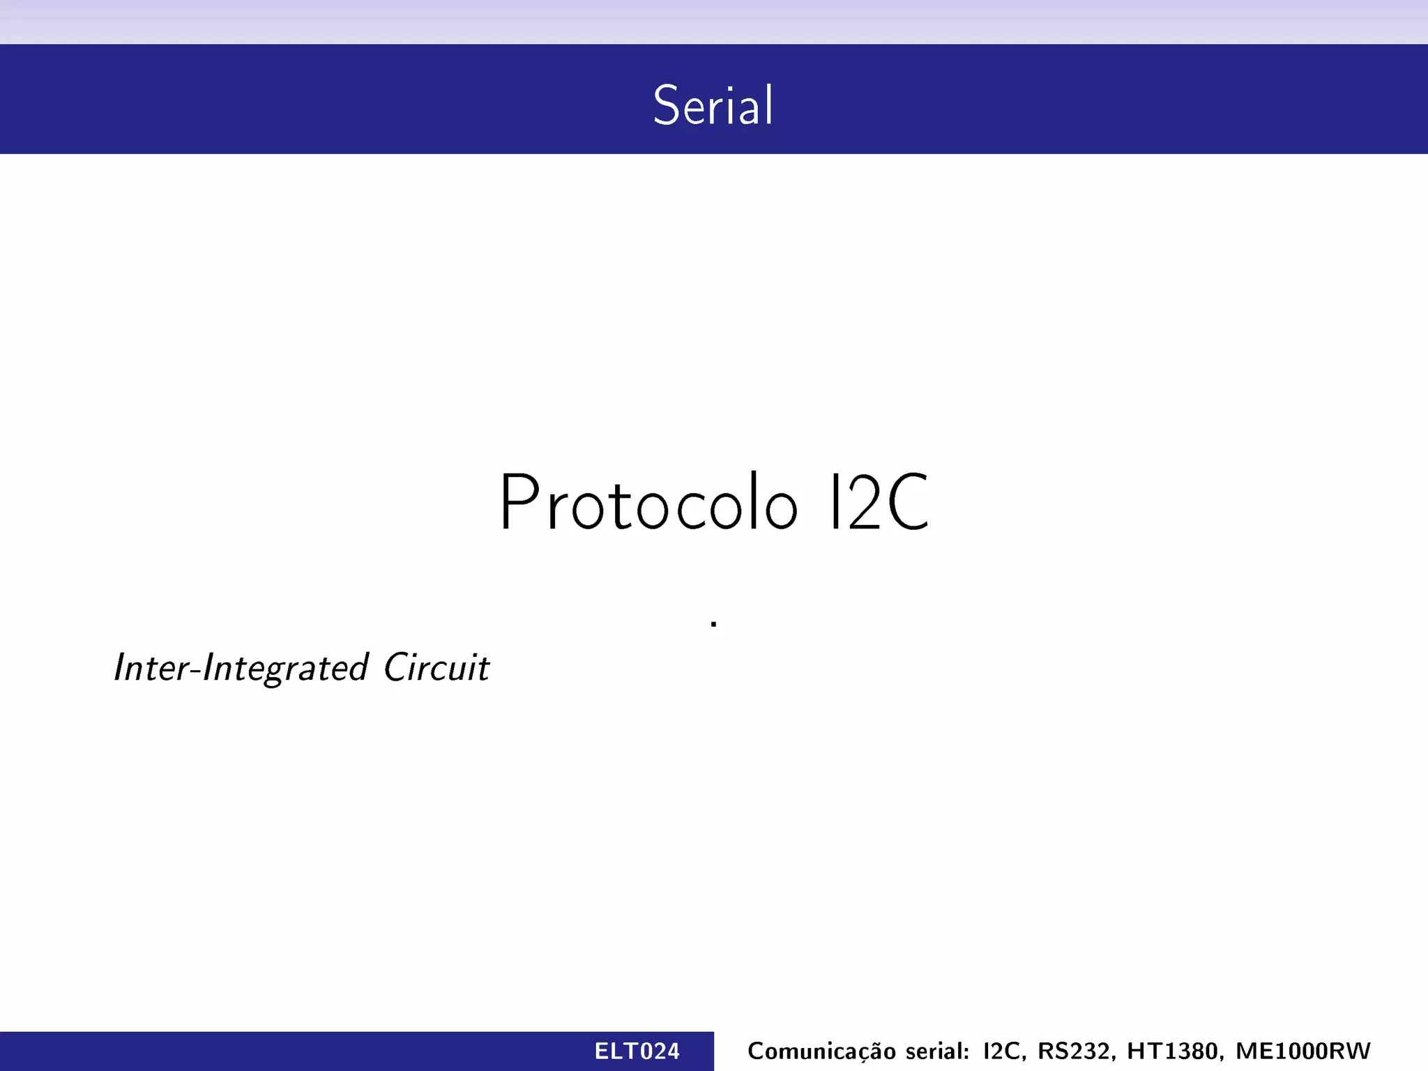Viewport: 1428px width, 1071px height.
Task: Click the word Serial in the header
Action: point(713,105)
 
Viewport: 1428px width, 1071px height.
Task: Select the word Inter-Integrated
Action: point(241,668)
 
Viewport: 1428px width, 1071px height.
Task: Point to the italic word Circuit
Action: point(436,668)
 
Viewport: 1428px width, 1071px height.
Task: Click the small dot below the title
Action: point(713,623)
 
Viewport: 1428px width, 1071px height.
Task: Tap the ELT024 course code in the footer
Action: point(637,1051)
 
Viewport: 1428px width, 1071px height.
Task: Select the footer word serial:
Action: point(938,1051)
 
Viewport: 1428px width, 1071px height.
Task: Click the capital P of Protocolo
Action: point(519,503)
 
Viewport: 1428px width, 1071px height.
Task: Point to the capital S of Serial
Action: point(666,105)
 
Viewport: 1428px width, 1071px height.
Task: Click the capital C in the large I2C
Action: point(909,503)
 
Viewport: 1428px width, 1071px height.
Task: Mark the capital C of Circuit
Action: point(397,668)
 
